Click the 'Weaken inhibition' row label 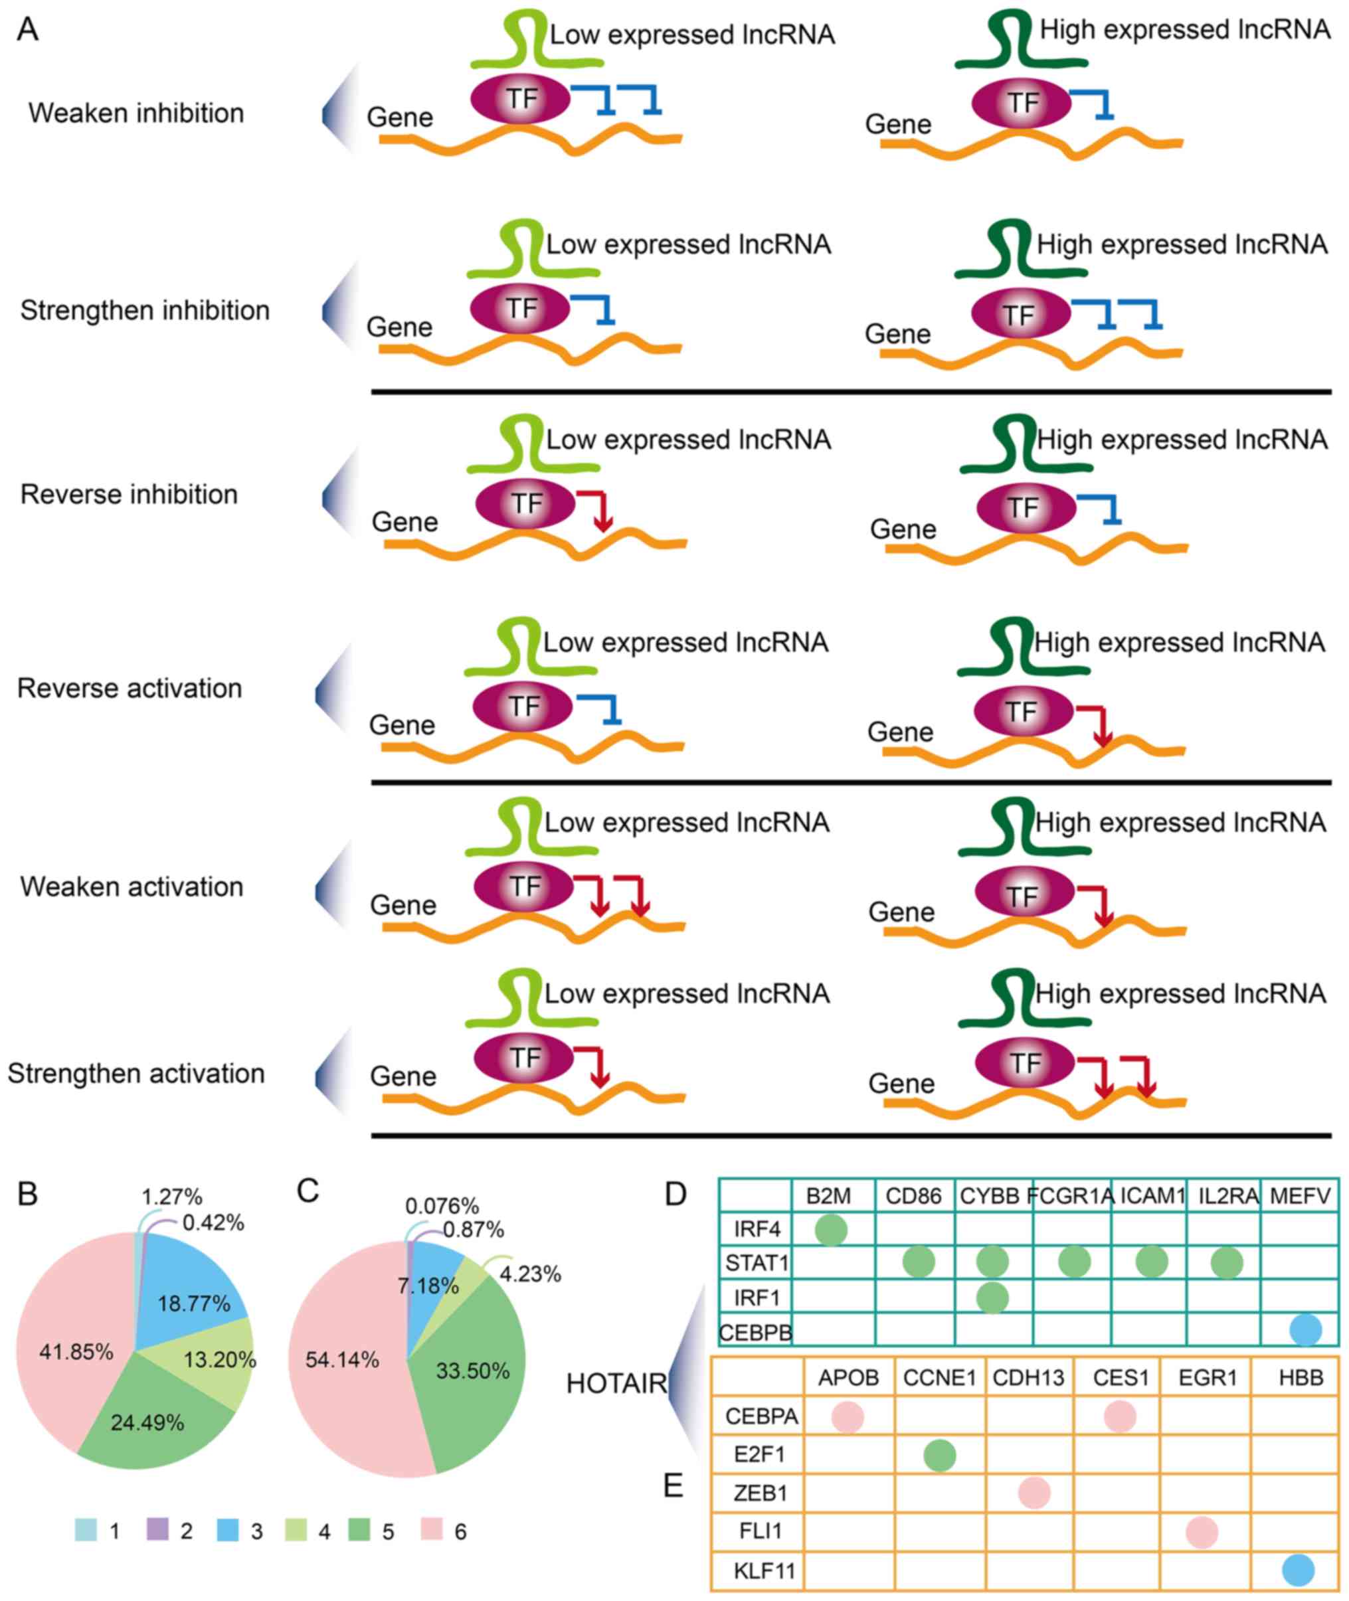136,113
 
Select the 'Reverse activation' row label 130,688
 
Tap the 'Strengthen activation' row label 136,1074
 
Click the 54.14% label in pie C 342,1360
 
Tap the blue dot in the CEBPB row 1304,1330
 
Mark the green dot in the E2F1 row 939,1455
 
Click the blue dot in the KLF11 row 1298,1570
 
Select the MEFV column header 1300,1196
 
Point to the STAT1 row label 757,1263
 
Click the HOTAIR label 616,1384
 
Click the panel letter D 675,1194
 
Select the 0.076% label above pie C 442,1207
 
